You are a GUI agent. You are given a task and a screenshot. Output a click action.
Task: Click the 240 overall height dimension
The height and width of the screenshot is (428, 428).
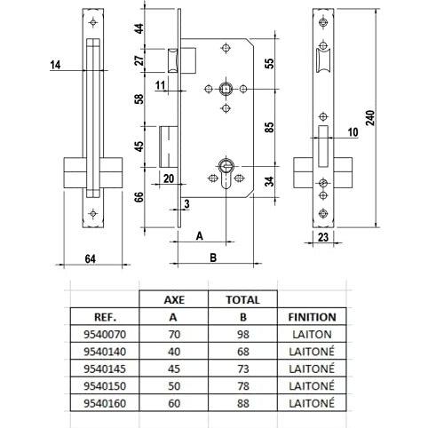pyautogui.click(x=370, y=118)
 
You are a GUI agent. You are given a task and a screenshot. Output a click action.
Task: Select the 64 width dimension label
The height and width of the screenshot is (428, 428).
pyautogui.click(x=91, y=259)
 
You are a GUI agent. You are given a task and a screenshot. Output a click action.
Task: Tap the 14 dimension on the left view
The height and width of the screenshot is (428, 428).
pyautogui.click(x=55, y=65)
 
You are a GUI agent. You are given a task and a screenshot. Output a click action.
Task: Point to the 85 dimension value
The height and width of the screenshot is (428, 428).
pyautogui.click(x=270, y=128)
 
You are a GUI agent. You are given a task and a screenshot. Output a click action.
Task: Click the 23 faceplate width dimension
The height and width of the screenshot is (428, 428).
pyautogui.click(x=323, y=237)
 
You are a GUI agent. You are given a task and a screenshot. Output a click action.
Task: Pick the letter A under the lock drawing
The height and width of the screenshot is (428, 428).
pyautogui.click(x=200, y=236)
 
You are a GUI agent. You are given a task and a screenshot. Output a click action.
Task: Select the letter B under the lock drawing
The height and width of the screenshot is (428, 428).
pyautogui.click(x=213, y=258)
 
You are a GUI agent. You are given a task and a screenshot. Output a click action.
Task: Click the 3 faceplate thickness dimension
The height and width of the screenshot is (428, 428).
pyautogui.click(x=186, y=204)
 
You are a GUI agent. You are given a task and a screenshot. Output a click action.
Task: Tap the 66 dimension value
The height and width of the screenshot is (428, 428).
pyautogui.click(x=139, y=197)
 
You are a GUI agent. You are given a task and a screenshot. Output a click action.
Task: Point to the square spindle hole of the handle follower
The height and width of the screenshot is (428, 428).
pyautogui.click(x=226, y=89)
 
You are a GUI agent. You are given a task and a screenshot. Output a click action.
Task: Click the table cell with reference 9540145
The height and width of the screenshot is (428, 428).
pyautogui.click(x=105, y=369)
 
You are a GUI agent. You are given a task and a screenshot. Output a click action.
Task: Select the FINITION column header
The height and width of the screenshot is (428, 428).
pyautogui.click(x=312, y=317)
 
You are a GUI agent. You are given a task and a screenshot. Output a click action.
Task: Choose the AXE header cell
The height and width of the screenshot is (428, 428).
pyautogui.click(x=174, y=300)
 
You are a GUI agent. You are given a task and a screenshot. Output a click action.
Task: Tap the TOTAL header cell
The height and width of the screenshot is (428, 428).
pyautogui.click(x=242, y=300)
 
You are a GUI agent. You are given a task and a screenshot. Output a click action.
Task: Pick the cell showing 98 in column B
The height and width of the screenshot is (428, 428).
pyautogui.click(x=242, y=335)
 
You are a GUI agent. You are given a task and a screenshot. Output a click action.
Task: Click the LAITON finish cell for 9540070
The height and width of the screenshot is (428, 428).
pyautogui.click(x=312, y=335)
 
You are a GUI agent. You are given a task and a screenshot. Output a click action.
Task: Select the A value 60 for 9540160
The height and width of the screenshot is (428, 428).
pyautogui.click(x=174, y=403)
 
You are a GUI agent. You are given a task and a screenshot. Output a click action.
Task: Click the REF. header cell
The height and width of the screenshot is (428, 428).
pyautogui.click(x=105, y=317)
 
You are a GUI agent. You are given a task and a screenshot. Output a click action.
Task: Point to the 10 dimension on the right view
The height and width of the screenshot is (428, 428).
pyautogui.click(x=353, y=132)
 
